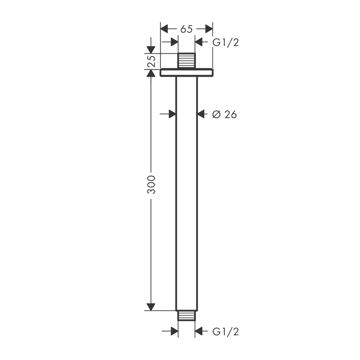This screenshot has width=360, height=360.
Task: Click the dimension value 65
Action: [x=186, y=29]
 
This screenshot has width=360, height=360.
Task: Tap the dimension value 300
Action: [x=151, y=185]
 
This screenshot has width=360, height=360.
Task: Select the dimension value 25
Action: [x=151, y=61]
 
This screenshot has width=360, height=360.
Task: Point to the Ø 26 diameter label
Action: [x=224, y=114]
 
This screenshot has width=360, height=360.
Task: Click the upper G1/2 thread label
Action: [x=226, y=43]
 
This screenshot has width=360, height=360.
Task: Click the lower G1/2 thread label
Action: [x=226, y=332]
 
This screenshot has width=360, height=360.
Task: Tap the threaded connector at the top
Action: [x=187, y=61]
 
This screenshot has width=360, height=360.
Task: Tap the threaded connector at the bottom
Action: [x=186, y=315]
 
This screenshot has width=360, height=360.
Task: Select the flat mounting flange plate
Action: [x=186, y=73]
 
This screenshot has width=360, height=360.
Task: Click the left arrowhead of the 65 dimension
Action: [x=165, y=29]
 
